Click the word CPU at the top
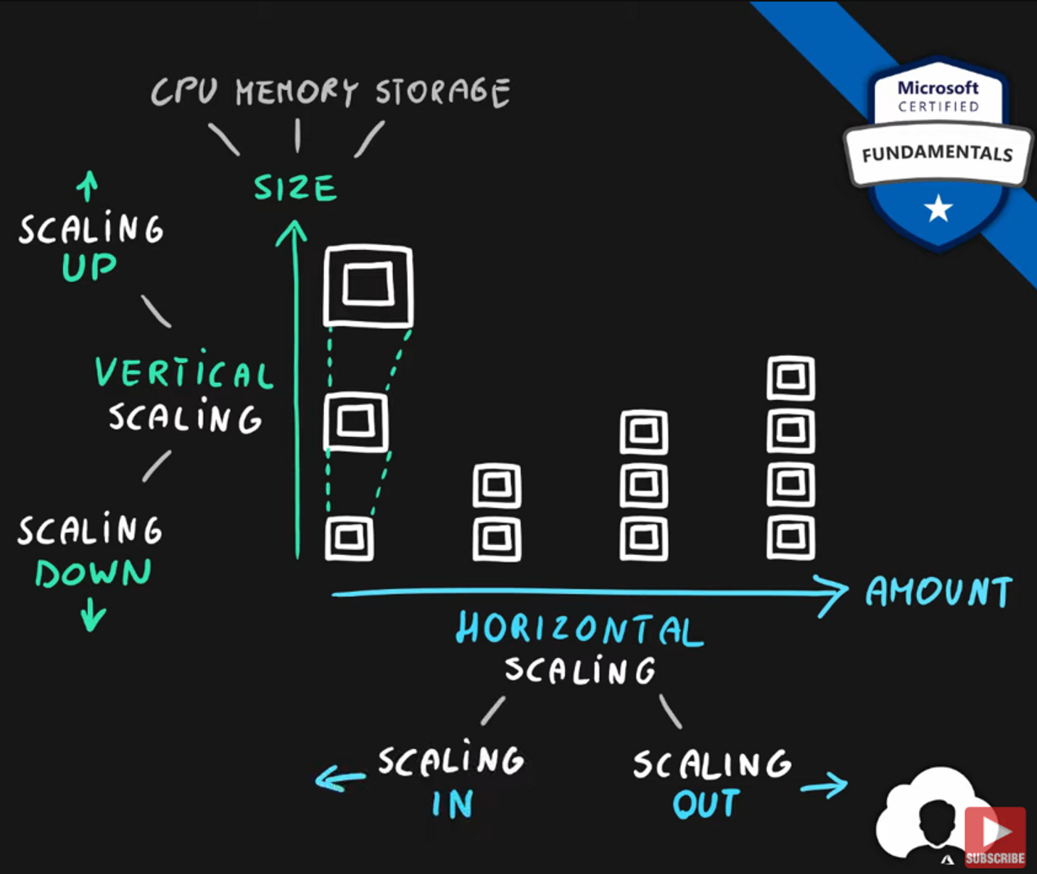(184, 92)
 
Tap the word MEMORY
(297, 92)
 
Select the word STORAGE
(442, 92)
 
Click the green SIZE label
(295, 188)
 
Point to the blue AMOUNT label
(939, 591)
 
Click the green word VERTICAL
(184, 373)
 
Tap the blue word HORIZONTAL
(579, 628)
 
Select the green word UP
(89, 267)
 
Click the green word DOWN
(94, 573)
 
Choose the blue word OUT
(706, 804)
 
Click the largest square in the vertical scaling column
(368, 286)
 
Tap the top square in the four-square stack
(790, 378)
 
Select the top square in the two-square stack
(497, 485)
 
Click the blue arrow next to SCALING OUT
(825, 786)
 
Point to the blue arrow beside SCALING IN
(339, 780)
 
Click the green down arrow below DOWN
(93, 615)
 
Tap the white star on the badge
(938, 209)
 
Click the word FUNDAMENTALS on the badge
(937, 154)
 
